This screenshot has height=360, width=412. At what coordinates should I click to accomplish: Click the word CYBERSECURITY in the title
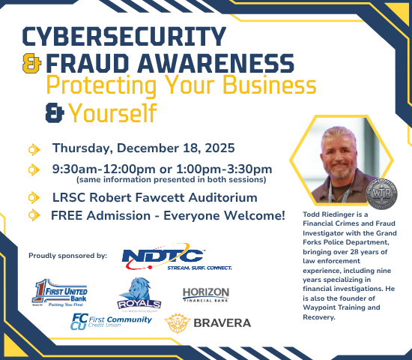coord(124,36)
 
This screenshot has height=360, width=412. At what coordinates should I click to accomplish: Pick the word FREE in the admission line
coord(67,216)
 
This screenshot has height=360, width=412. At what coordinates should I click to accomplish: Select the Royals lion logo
coord(139,292)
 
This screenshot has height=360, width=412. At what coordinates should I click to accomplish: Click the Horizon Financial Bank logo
coord(206,294)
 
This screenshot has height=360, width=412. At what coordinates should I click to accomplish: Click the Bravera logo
coord(208,323)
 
